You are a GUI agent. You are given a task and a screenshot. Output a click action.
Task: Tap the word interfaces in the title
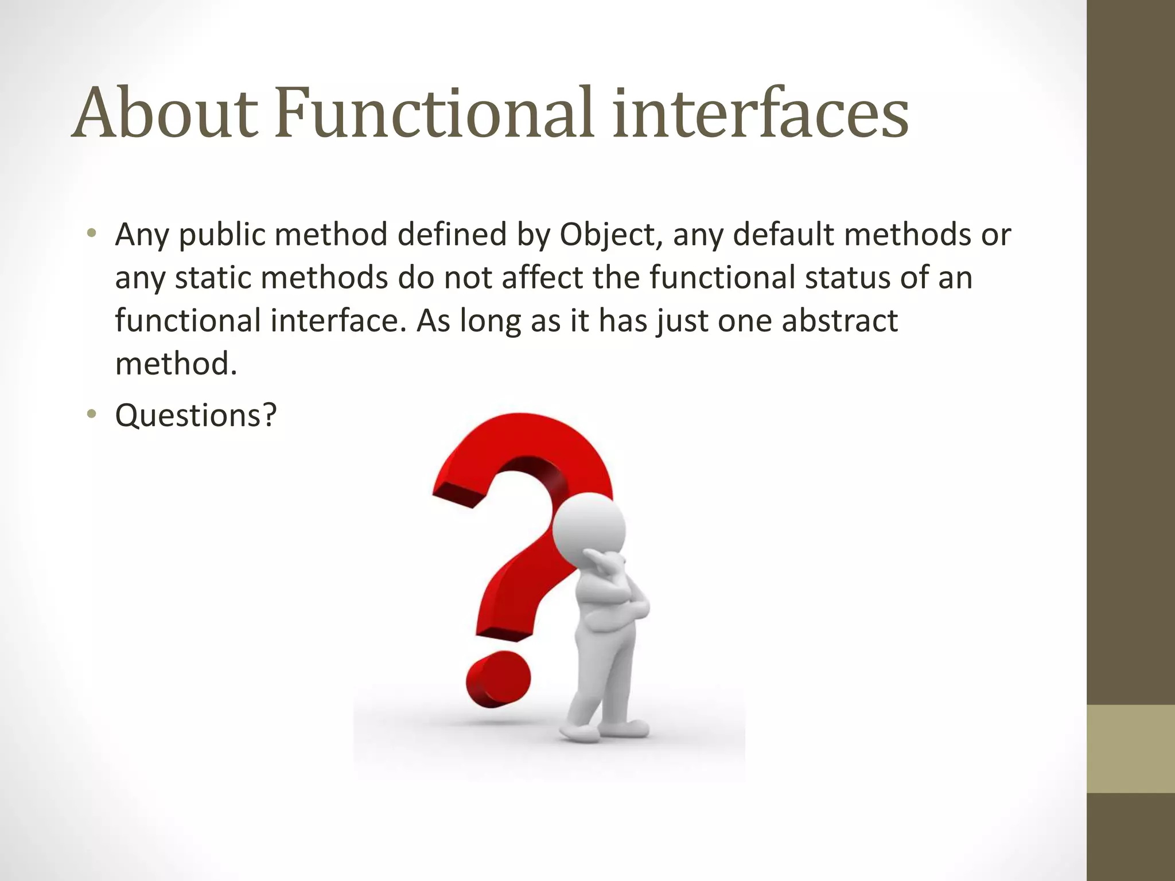click(x=760, y=113)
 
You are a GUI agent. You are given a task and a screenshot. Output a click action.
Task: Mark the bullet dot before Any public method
click(x=91, y=233)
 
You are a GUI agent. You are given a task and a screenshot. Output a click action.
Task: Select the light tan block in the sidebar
click(x=1130, y=749)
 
